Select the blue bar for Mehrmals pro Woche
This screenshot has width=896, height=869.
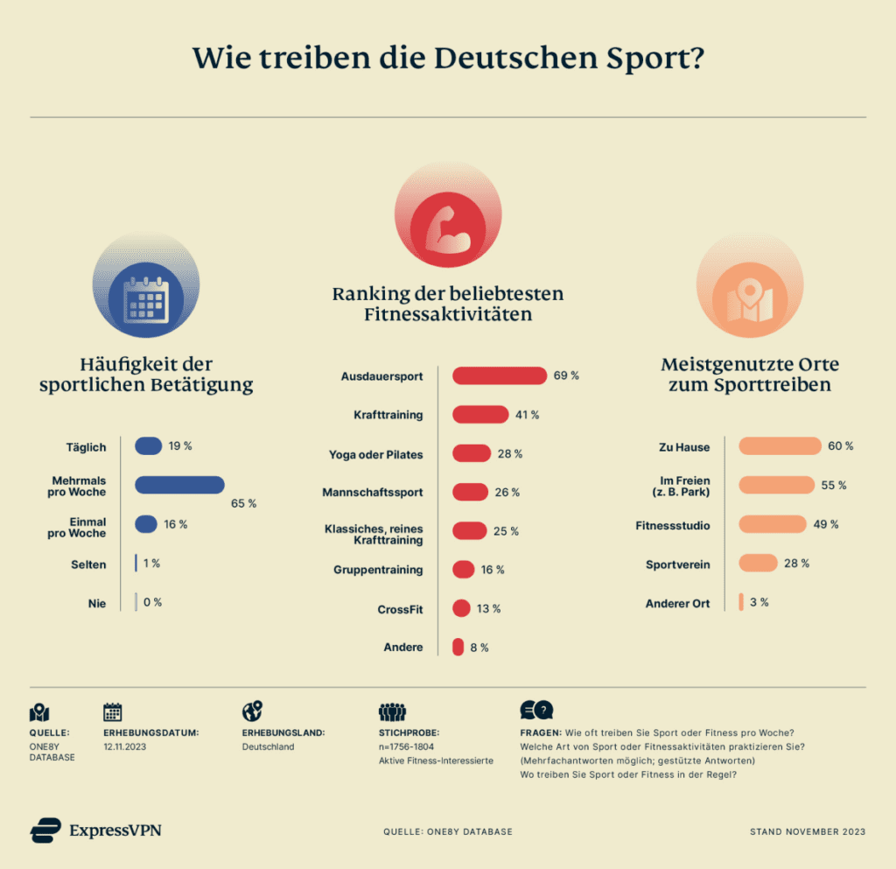tap(179, 485)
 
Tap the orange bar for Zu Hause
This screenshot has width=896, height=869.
tap(780, 446)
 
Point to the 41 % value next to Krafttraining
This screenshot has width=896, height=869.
tap(527, 415)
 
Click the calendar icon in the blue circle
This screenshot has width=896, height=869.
tap(145, 299)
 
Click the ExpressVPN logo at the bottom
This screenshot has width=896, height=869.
tap(95, 830)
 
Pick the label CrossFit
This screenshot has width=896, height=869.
tap(400, 609)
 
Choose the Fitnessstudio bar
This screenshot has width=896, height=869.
tap(772, 524)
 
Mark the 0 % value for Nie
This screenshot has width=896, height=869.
tap(153, 602)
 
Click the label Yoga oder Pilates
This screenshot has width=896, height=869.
tap(375, 454)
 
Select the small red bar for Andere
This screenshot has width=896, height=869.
tap(458, 648)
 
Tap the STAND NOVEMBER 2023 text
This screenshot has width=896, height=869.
tap(807, 831)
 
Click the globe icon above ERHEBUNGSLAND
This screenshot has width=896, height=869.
tap(252, 711)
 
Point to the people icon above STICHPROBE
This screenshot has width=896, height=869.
tap(393, 711)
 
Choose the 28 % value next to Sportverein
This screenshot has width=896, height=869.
tap(796, 563)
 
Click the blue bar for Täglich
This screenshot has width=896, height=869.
tap(148, 446)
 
